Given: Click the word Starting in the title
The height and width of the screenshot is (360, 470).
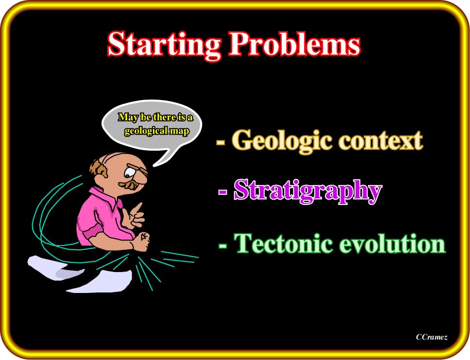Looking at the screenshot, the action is [164, 45].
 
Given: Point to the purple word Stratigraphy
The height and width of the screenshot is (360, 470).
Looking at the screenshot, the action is [308, 191].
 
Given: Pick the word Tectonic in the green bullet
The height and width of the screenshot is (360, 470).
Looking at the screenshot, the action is [283, 243].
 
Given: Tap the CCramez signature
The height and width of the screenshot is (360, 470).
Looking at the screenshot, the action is [432, 337].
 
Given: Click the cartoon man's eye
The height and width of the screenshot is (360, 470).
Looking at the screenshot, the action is [130, 172].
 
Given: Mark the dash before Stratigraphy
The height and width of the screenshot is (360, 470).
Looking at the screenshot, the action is [223, 191].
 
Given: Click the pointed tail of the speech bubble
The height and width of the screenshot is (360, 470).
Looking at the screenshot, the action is [154, 165].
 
